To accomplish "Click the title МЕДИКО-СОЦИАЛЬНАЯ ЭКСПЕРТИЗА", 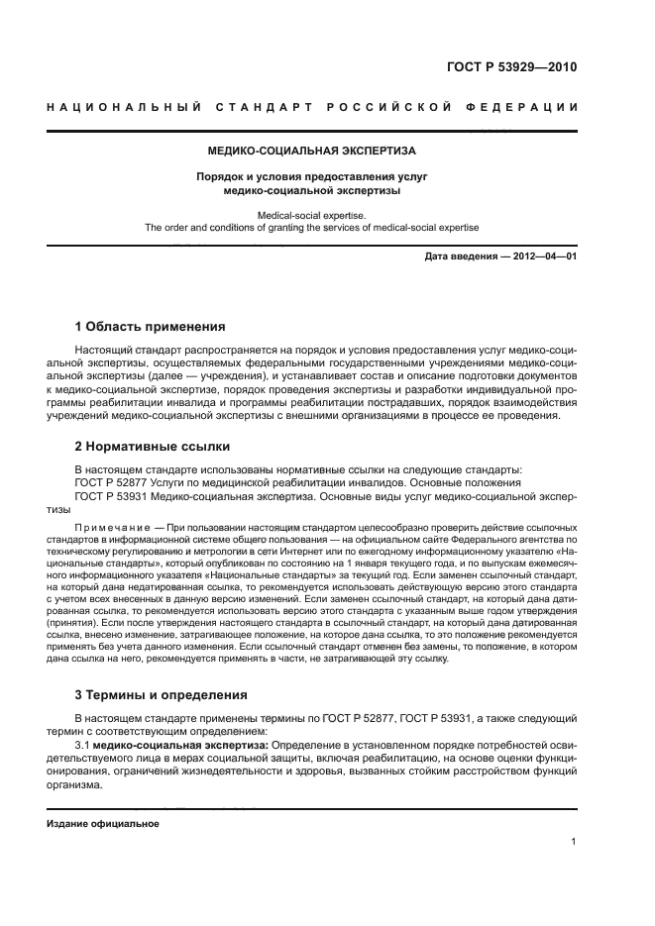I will (311, 152).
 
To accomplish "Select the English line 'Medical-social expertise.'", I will (311, 214).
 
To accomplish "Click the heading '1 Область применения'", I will (150, 327).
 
